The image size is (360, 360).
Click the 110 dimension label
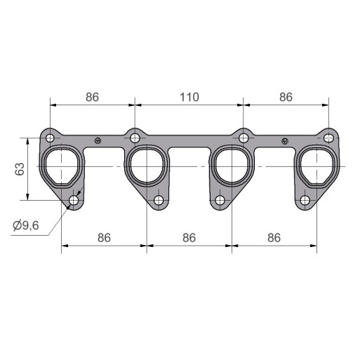189,97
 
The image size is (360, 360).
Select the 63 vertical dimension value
20,169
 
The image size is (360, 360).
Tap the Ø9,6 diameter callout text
26,225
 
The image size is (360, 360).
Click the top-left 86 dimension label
92,97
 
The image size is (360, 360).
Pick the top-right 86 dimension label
286,97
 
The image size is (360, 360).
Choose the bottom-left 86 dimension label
104,238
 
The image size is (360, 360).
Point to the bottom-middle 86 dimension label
189,238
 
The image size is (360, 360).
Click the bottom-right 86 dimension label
274,238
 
